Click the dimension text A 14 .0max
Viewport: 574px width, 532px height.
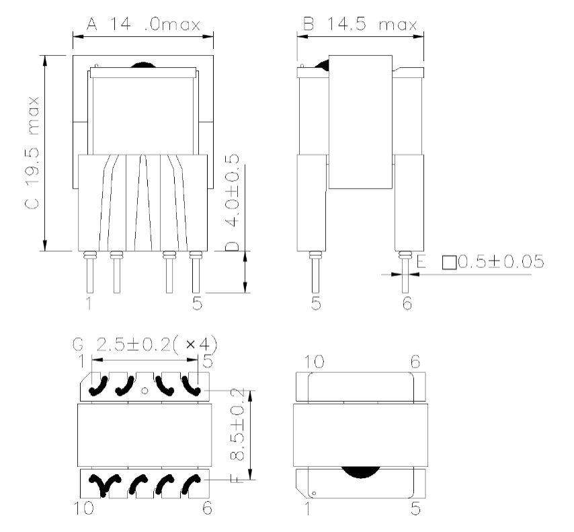click(144, 26)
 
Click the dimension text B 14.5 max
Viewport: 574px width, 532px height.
click(360, 25)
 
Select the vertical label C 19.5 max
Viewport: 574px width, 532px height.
click(34, 153)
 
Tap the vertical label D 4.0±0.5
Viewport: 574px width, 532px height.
click(233, 202)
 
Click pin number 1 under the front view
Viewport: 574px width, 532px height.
click(89, 303)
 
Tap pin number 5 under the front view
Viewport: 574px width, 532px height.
click(197, 303)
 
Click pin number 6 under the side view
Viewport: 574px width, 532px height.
click(407, 303)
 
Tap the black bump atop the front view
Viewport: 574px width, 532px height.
click(142, 66)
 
